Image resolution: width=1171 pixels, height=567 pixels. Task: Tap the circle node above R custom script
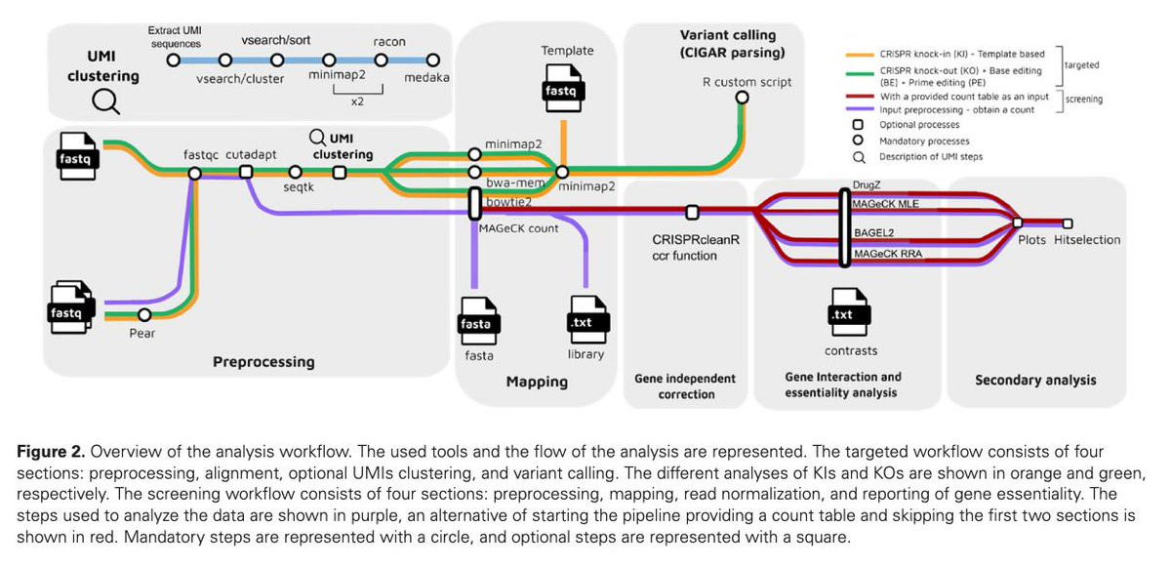[742, 97]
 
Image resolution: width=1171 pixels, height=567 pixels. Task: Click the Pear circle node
[144, 314]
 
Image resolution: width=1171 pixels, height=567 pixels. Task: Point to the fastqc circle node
[194, 173]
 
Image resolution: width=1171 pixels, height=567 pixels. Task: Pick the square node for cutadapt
[246, 173]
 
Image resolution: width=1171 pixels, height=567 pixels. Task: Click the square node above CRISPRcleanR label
[692, 212]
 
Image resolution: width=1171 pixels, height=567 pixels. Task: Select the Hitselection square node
[1068, 223]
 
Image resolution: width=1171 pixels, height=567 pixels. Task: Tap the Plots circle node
[1018, 223]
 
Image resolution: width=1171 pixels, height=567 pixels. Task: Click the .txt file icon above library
[585, 318]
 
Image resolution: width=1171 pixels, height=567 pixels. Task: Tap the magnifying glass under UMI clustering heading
[104, 101]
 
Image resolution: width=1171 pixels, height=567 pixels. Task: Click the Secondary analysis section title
[1035, 380]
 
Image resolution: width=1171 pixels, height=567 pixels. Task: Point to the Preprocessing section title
[263, 362]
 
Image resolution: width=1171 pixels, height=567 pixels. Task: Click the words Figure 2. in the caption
[60, 452]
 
